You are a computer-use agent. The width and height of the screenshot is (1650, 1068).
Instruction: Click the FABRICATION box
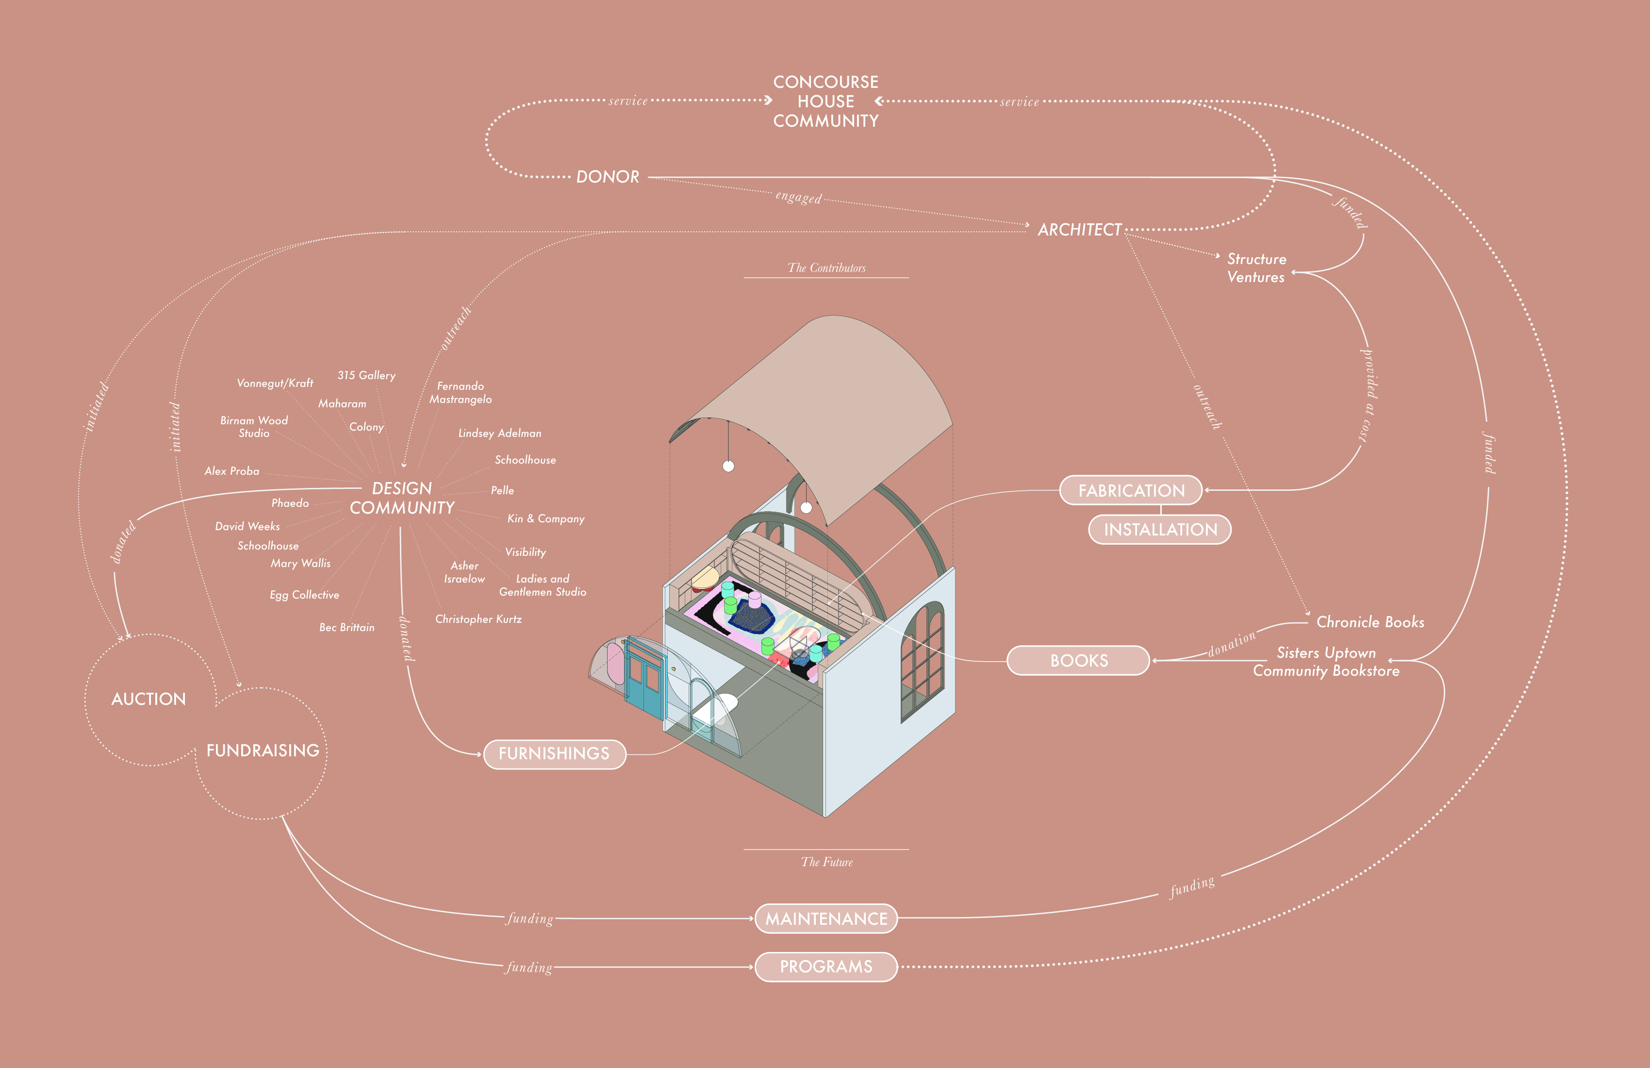point(1131,490)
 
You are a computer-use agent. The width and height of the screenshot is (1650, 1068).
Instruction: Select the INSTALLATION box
point(1160,530)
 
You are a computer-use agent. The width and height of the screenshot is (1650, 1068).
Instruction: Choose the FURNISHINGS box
point(554,754)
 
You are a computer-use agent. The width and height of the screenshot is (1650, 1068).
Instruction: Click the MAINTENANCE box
point(825,919)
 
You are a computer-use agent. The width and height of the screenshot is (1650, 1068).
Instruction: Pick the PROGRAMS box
point(825,967)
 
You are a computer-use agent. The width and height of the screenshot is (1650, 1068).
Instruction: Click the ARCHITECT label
point(1079,230)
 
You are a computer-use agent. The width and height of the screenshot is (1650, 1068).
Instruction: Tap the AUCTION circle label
point(148,699)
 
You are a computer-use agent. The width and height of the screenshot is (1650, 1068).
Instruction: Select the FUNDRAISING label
point(263,751)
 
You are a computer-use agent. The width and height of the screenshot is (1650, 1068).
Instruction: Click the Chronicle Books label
point(1370,622)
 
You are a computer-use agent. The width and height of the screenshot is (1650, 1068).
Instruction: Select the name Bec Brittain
point(346,628)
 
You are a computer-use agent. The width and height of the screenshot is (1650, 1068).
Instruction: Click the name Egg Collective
point(304,595)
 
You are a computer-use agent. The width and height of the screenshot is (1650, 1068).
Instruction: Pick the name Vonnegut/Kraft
point(275,384)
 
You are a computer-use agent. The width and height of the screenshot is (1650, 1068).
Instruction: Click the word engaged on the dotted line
point(798,198)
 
